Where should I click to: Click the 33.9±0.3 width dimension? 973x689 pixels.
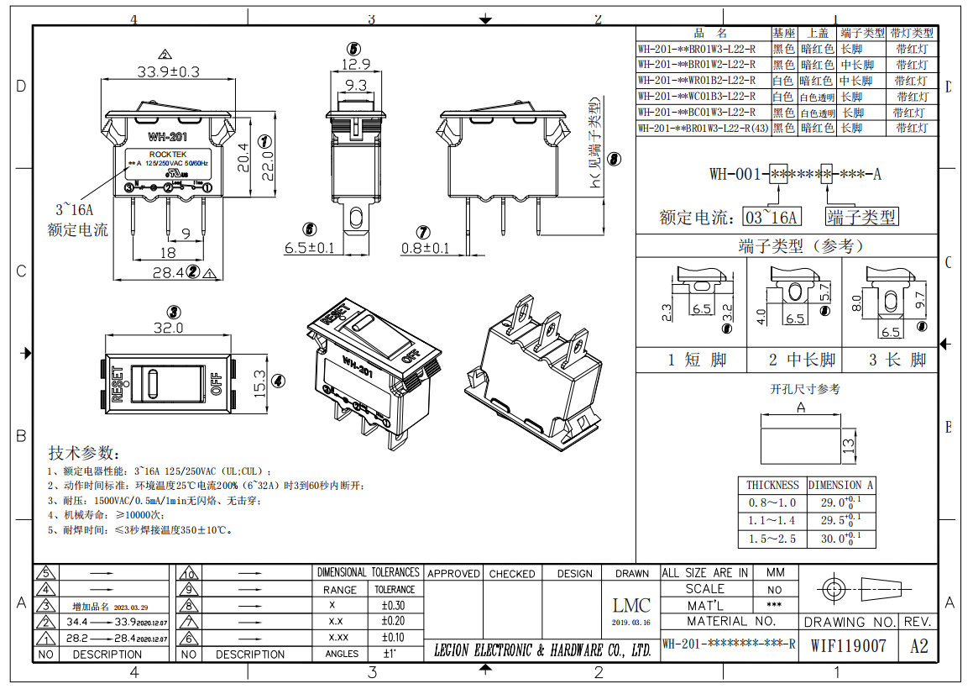(168, 72)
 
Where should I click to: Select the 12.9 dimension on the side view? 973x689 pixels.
(356, 65)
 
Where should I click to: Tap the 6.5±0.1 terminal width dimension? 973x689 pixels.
(309, 248)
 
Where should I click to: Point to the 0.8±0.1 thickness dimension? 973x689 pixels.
(425, 248)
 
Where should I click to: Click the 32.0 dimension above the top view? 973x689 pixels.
(168, 328)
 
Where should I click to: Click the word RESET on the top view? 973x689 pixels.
(117, 384)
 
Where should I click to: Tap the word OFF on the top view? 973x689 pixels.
(216, 384)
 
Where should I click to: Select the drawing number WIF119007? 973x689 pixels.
(848, 646)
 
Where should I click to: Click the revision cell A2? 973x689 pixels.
(919, 646)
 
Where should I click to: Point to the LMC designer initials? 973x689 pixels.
(631, 606)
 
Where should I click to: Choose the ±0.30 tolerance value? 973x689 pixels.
(393, 606)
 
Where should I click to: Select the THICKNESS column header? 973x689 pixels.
(772, 485)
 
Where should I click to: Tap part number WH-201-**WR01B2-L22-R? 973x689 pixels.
(696, 81)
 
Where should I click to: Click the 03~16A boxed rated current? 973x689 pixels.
(772, 218)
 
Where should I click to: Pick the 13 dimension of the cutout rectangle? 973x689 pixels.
(848, 444)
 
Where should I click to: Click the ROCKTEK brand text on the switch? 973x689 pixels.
(168, 155)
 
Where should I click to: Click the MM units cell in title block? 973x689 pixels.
(774, 573)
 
